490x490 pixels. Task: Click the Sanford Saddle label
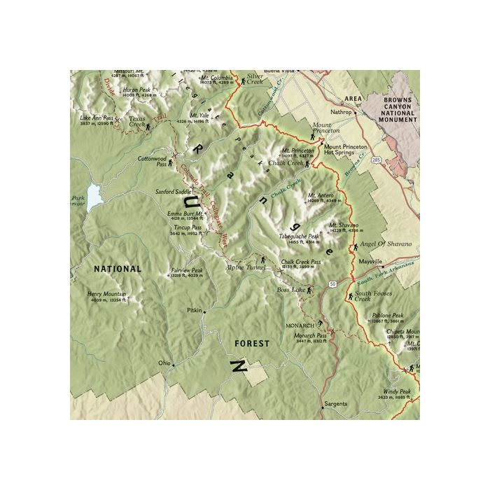(173, 191)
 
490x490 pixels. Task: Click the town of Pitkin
(194, 309)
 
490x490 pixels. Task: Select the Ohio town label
(164, 363)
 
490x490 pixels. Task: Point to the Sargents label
(335, 405)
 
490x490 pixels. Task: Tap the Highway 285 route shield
(377, 160)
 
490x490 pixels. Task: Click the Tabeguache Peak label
(299, 237)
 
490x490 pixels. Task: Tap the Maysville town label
(367, 260)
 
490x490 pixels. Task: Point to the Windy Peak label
(396, 391)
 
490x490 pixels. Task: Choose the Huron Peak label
(136, 90)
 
